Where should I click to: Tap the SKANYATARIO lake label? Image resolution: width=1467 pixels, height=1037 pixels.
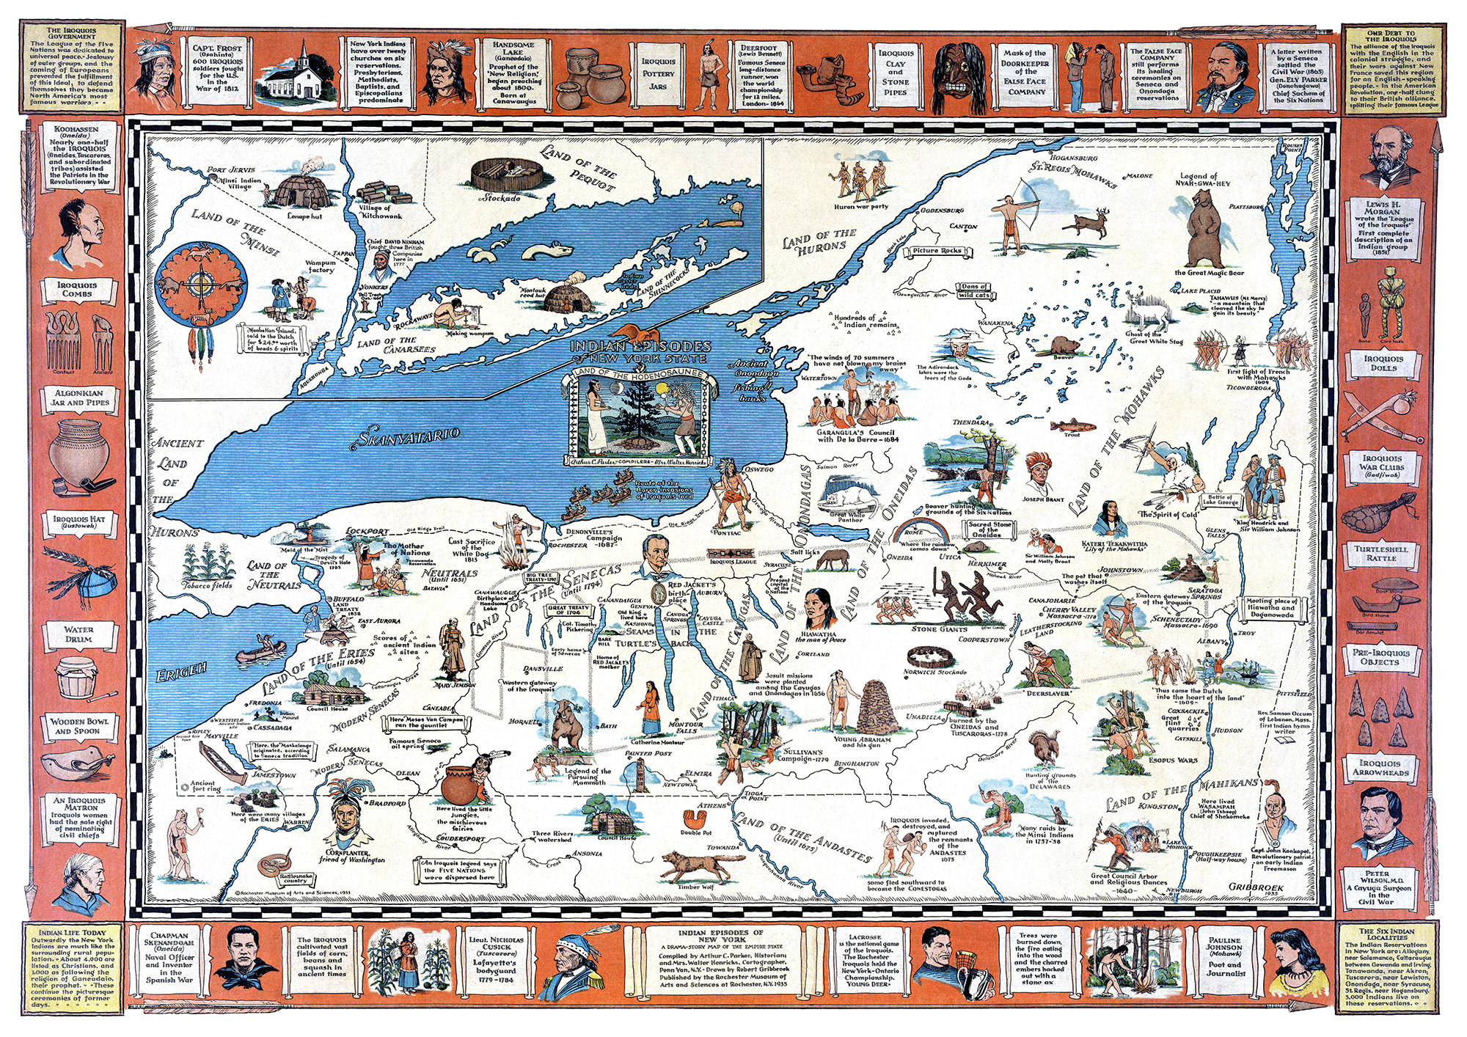pos(409,436)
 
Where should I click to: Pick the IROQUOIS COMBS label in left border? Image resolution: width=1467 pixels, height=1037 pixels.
pos(78,289)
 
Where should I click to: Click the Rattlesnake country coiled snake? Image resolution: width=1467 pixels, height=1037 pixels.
pos(277,862)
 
